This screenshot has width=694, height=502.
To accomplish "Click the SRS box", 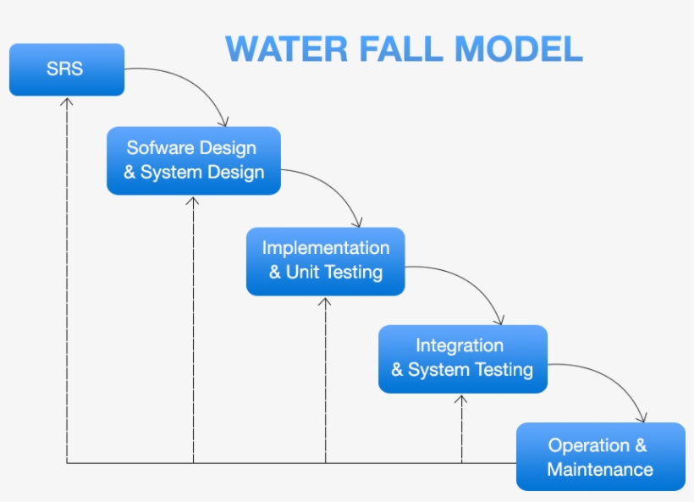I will click(66, 69).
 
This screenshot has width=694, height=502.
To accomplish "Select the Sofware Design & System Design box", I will click(194, 160).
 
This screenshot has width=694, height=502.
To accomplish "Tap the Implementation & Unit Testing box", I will click(325, 261).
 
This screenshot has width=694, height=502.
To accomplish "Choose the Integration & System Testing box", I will click(462, 358).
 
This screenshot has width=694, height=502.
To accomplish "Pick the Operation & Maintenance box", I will click(600, 457).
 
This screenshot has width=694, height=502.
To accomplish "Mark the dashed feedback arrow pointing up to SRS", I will click(67, 279).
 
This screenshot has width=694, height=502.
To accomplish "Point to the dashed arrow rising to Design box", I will click(193, 330).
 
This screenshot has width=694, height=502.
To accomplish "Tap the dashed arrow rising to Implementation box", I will click(326, 381).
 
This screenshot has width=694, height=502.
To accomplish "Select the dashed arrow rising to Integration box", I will click(461, 428).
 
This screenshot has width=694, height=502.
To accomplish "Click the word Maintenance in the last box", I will click(600, 469).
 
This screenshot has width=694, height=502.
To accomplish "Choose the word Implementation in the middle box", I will click(326, 248).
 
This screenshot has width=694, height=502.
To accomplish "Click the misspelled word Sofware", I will click(157, 148).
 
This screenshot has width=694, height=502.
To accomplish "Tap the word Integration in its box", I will click(460, 345).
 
